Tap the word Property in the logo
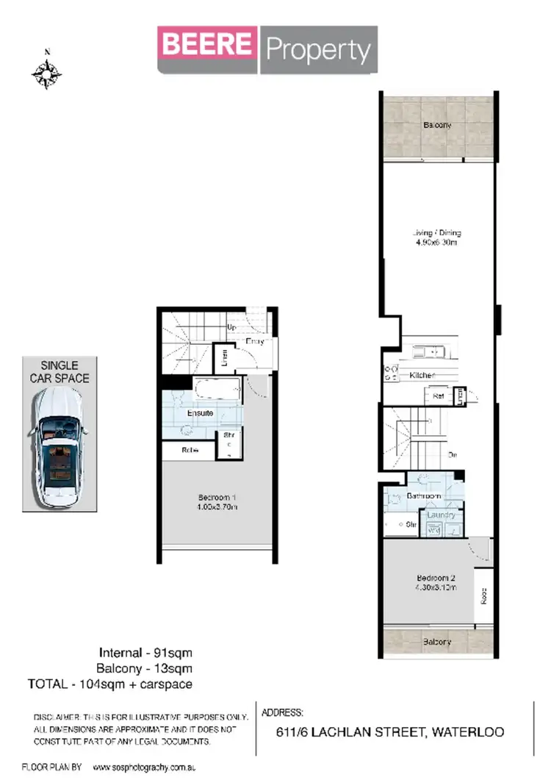pos(318,50)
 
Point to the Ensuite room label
pos(200,413)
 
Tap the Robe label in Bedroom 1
pos(190,451)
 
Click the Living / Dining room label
pos(436,233)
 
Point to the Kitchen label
pos(422,376)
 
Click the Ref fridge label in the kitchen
pos(439,396)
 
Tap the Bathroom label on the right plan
pos(423,497)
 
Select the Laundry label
pos(442,515)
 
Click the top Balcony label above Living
pos(437,125)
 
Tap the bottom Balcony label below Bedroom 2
pos(437,642)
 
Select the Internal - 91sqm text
pos(145,652)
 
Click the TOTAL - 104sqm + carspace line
pos(110,684)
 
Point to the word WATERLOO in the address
pos(469,732)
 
